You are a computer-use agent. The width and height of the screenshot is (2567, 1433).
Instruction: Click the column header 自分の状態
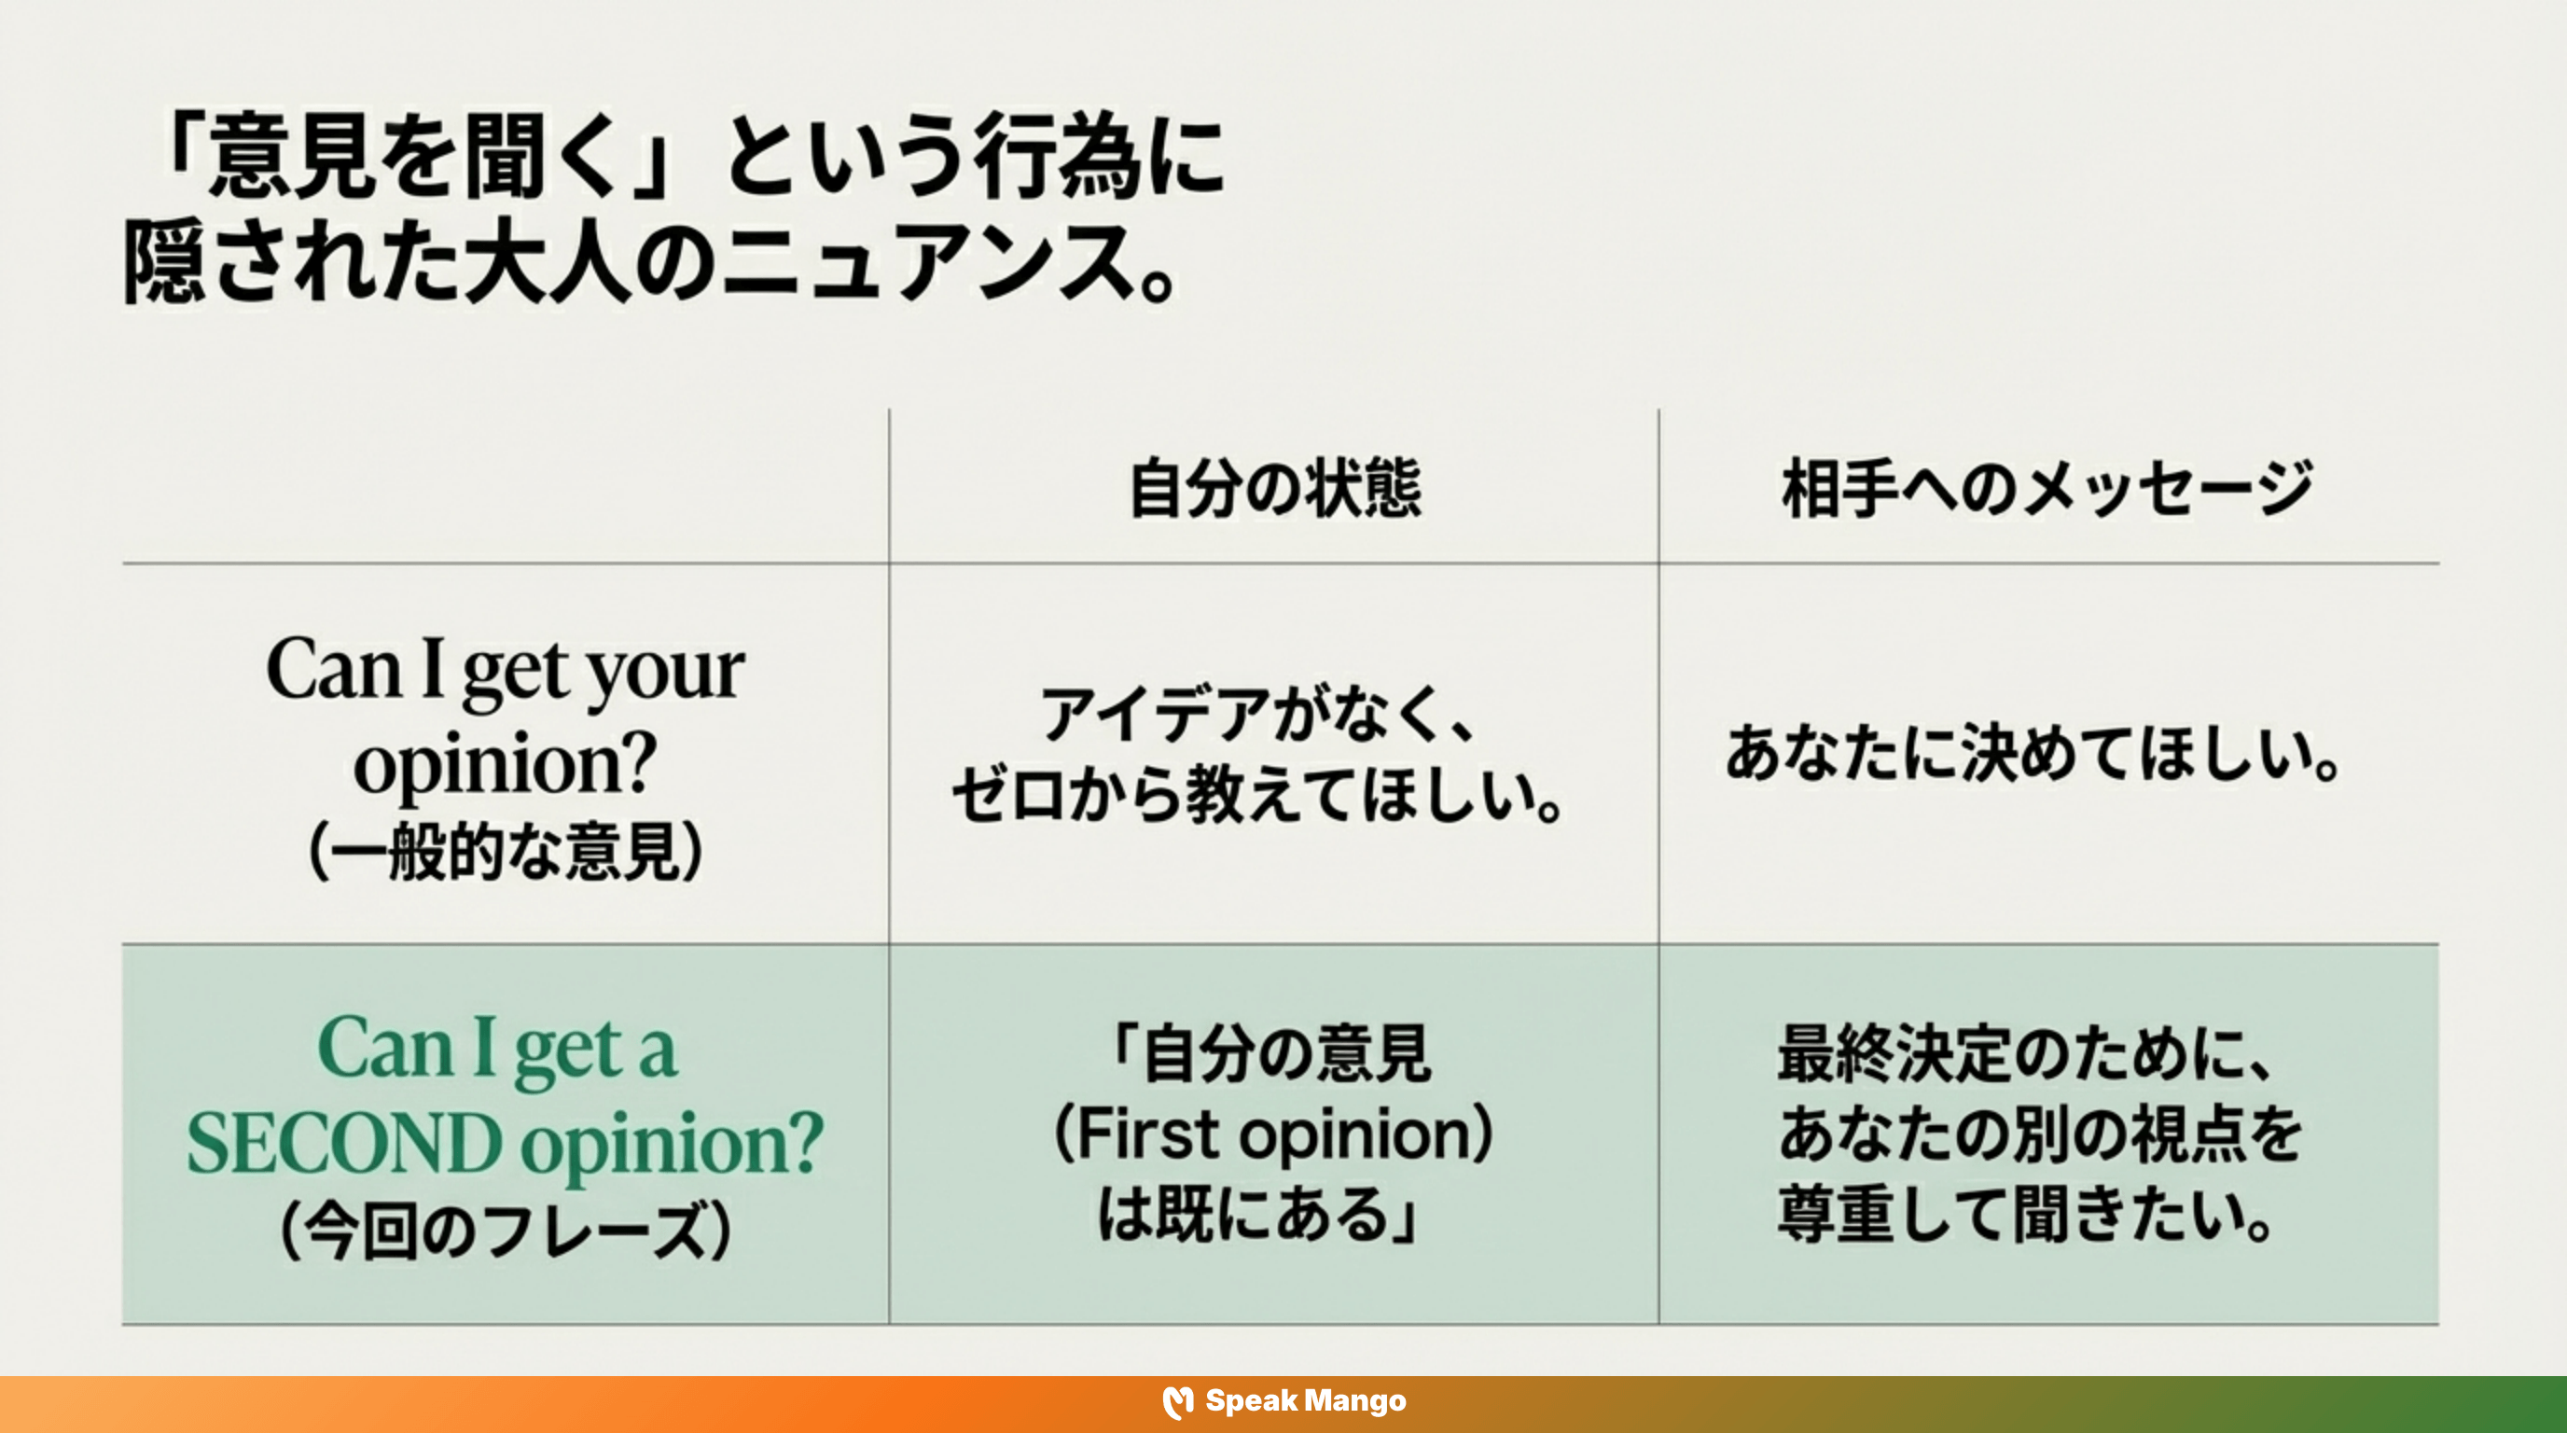[x=1274, y=488]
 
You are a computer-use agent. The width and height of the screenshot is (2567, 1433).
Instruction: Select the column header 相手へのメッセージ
[x=2047, y=488]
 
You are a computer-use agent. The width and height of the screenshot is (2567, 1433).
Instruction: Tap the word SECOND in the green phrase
[x=344, y=1143]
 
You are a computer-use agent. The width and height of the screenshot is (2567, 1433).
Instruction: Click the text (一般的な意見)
[x=506, y=852]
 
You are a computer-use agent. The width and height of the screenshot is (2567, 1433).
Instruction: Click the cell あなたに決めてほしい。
[x=2033, y=755]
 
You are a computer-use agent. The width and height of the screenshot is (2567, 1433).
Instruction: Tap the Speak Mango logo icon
[x=1178, y=1402]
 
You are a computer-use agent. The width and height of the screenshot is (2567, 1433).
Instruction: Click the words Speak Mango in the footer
[x=1306, y=1401]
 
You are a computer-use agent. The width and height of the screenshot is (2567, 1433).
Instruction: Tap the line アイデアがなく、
[x=1257, y=714]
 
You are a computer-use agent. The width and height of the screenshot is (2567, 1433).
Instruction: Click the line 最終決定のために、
[x=2028, y=1053]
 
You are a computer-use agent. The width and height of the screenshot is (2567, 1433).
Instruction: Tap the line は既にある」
[x=1257, y=1215]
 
